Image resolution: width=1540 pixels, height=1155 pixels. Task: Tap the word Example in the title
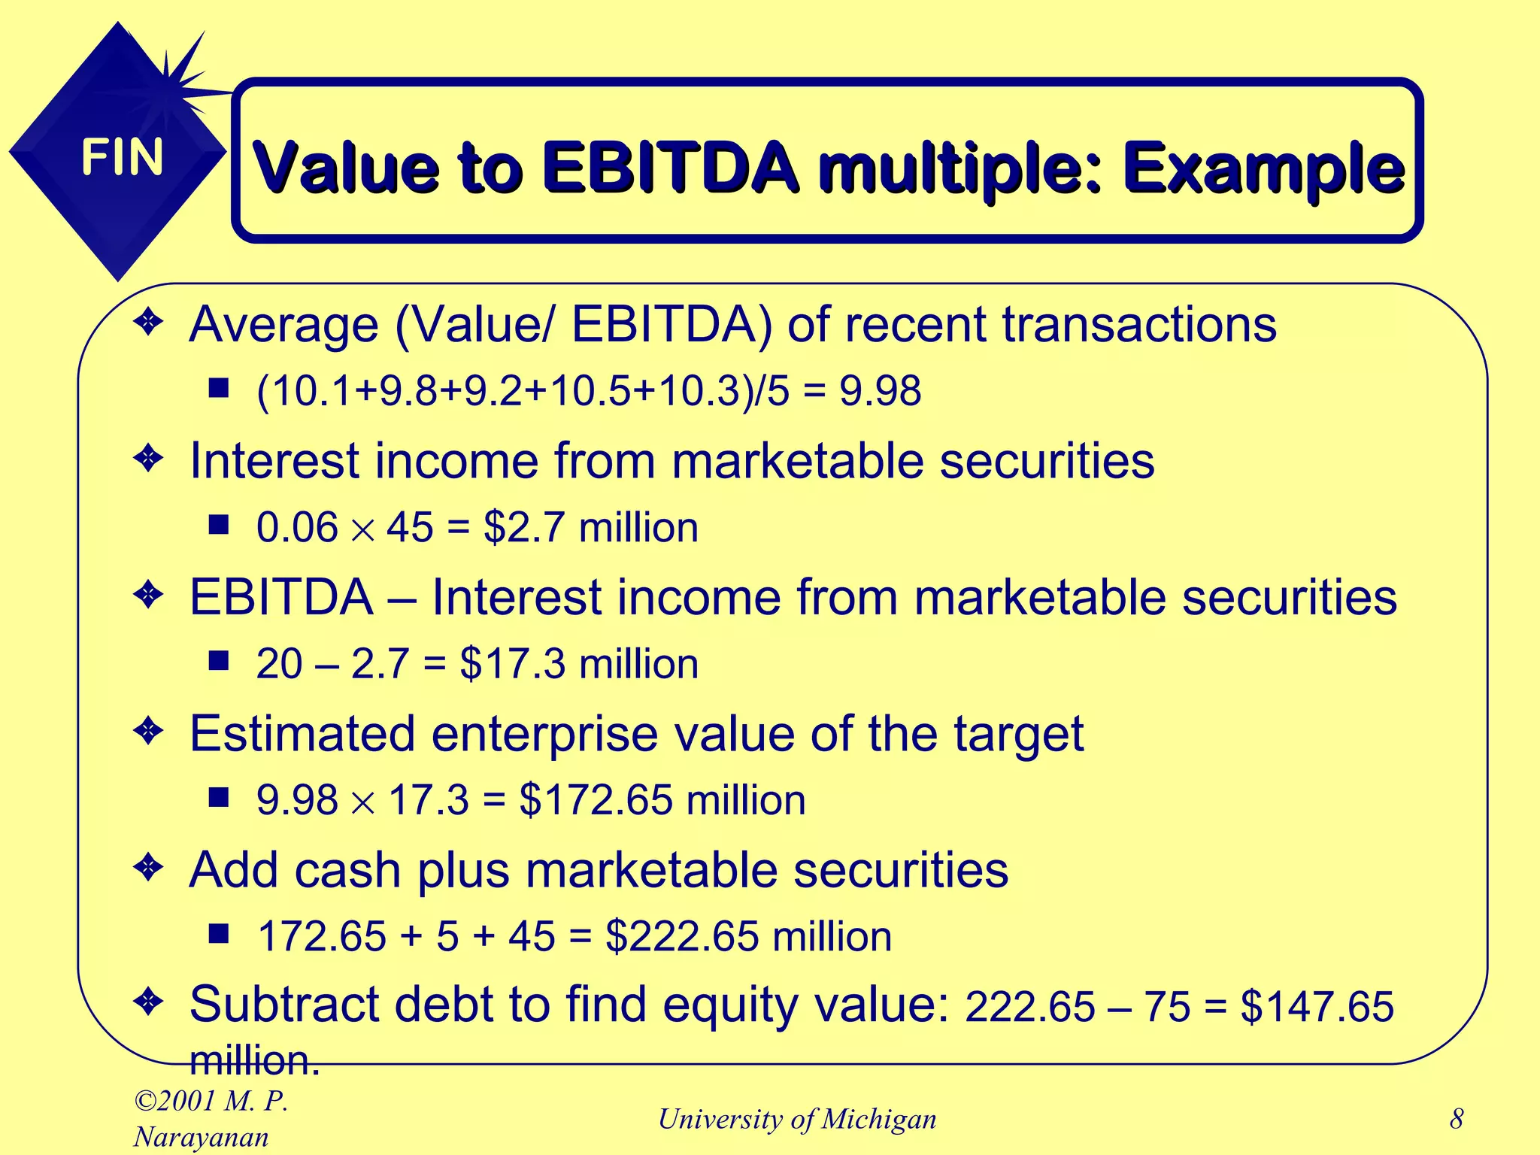(x=1263, y=167)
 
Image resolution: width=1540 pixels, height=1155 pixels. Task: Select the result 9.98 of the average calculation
(x=880, y=392)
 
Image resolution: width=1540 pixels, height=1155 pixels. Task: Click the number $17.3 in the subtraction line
(x=512, y=664)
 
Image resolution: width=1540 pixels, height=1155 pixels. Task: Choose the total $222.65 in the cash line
(x=682, y=936)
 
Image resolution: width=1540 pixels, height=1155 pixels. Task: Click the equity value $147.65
(x=1317, y=1007)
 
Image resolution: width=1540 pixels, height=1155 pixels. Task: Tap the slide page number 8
(x=1457, y=1119)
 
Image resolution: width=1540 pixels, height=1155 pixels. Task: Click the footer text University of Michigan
(x=797, y=1119)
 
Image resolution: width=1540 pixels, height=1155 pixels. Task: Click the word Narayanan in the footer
(x=201, y=1137)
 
